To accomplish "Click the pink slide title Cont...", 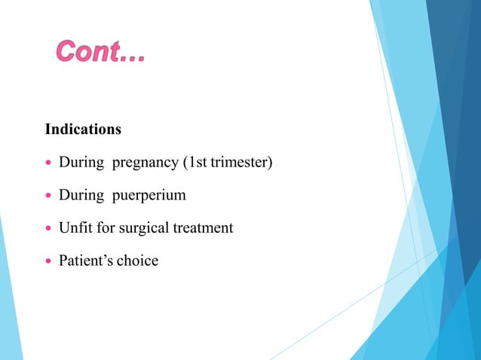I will pos(100,53).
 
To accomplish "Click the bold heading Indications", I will pos(83,130).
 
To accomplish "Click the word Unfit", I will pos(73,227).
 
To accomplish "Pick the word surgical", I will pos(144,228).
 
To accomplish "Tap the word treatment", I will pos(202,227).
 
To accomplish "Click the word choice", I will pos(137,261).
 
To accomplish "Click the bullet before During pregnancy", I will pos(49,163).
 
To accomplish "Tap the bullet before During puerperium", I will pos(49,196).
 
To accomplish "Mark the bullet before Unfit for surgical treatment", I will pos(49,228).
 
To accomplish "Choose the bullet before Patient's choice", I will pos(49,261).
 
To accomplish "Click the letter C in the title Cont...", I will pos(68,53).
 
